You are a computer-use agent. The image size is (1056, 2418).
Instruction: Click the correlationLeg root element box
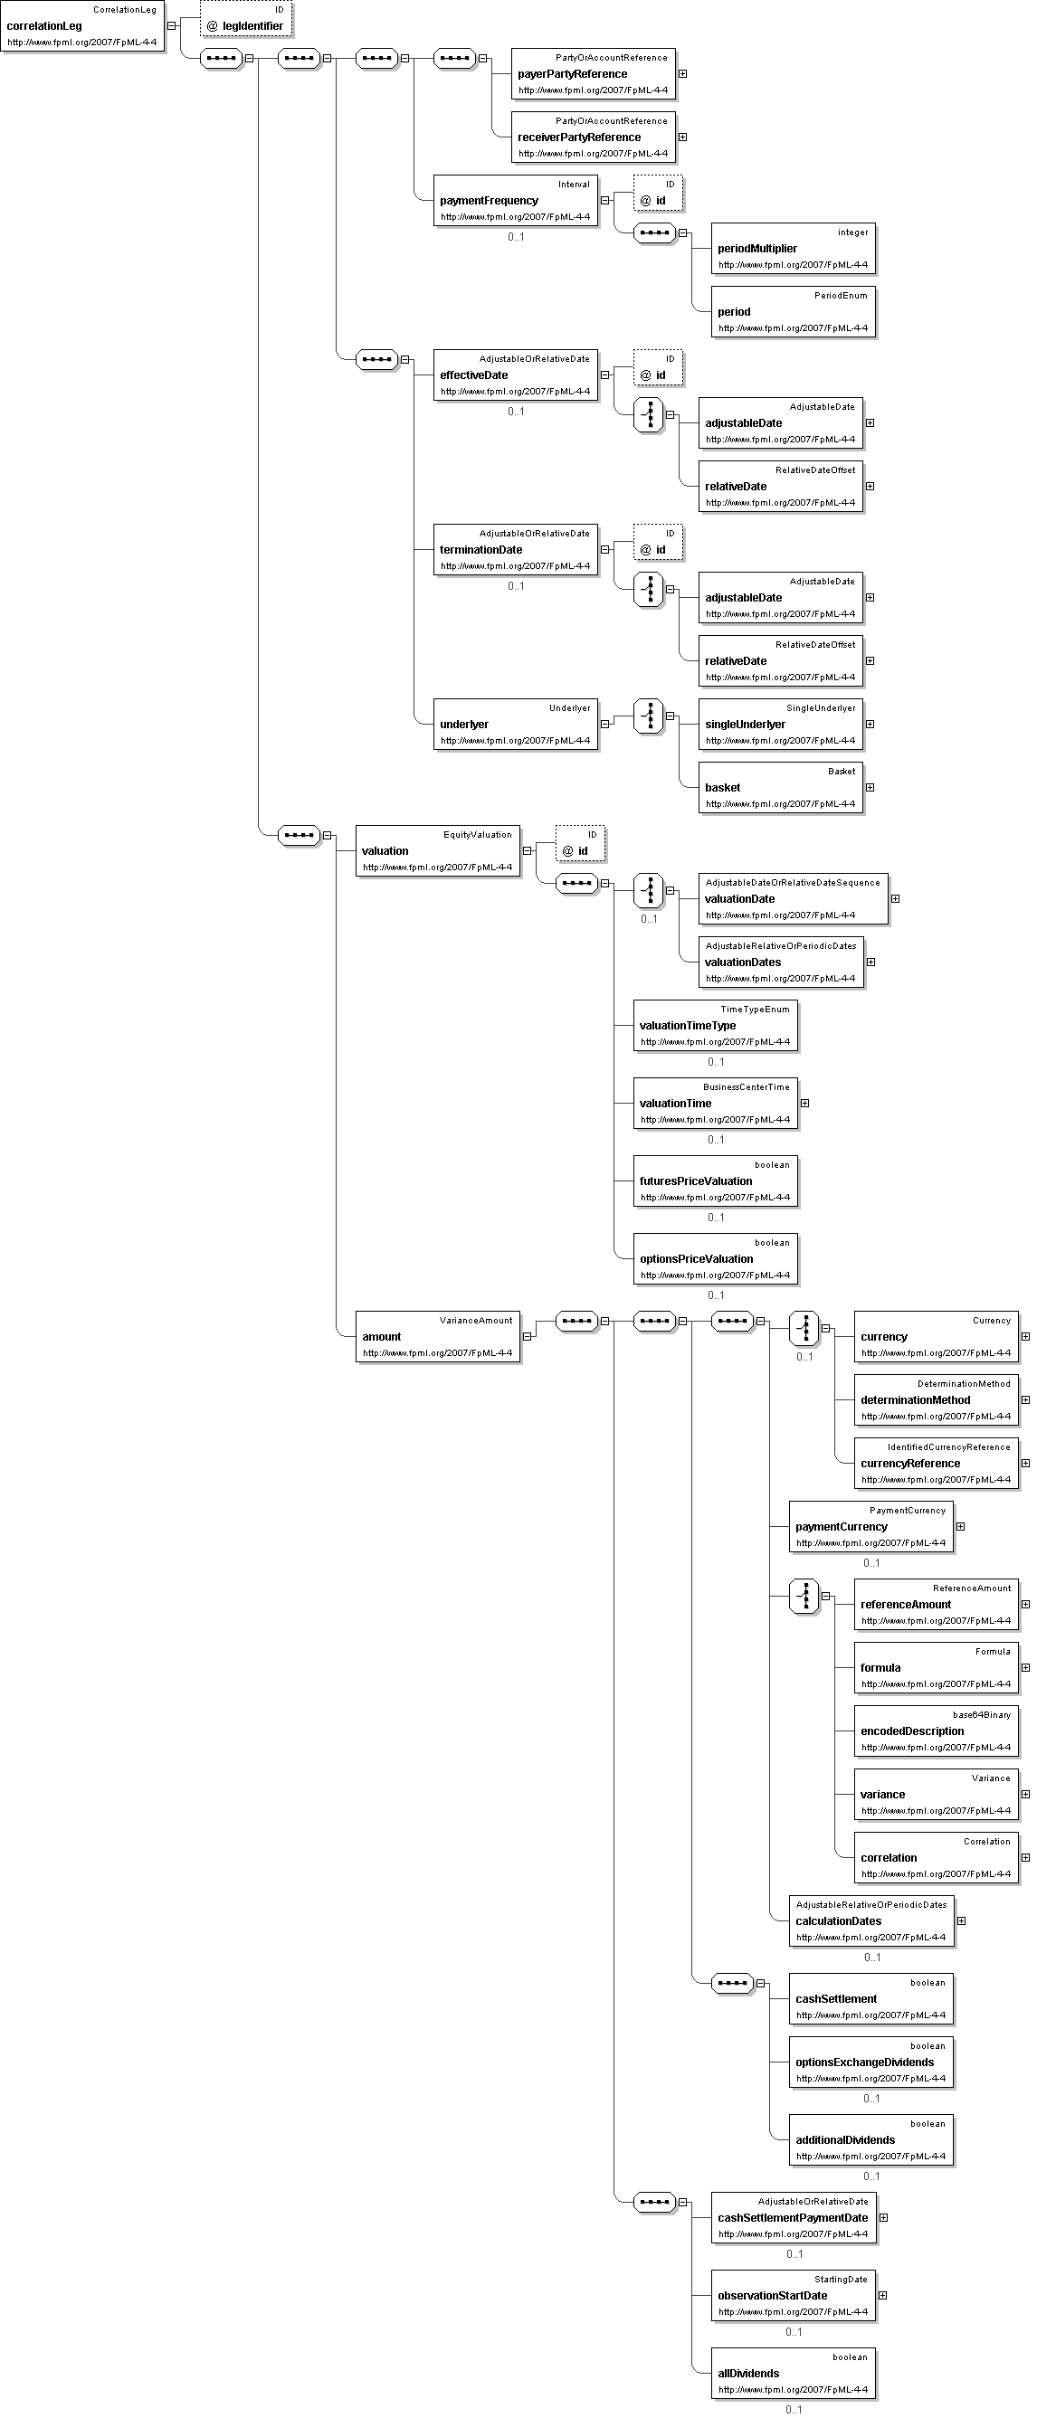[82, 26]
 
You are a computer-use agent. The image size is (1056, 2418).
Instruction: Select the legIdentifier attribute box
[247, 19]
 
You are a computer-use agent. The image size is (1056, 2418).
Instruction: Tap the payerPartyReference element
[594, 73]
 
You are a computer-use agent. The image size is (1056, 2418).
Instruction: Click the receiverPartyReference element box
[594, 137]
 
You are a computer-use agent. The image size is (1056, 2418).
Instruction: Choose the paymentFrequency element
[515, 200]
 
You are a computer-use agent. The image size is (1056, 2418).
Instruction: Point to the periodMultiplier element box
[794, 249]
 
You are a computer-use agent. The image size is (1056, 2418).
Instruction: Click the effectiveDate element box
[515, 375]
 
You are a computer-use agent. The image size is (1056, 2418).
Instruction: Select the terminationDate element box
[515, 549]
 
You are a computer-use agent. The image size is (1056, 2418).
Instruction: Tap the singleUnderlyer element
[781, 724]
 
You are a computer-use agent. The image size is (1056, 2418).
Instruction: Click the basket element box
[781, 788]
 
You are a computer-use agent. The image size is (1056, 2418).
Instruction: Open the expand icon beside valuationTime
[804, 1103]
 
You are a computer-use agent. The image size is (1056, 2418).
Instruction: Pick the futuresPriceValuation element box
[715, 1181]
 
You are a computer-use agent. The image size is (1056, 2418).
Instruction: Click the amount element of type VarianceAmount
[437, 1337]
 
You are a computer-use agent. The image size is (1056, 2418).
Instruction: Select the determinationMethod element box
[936, 1399]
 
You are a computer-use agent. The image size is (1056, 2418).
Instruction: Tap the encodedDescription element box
[936, 1731]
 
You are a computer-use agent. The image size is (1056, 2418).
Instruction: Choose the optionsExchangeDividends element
[871, 2062]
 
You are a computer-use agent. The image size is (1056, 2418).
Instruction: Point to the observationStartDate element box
[794, 2295]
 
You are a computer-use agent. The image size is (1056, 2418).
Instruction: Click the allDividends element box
[794, 2373]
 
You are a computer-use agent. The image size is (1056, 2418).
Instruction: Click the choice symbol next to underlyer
[649, 716]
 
